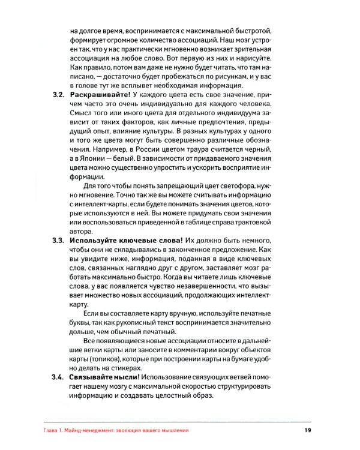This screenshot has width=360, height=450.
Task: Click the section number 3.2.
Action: [58, 95]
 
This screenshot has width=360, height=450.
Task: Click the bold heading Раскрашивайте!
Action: [99, 95]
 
